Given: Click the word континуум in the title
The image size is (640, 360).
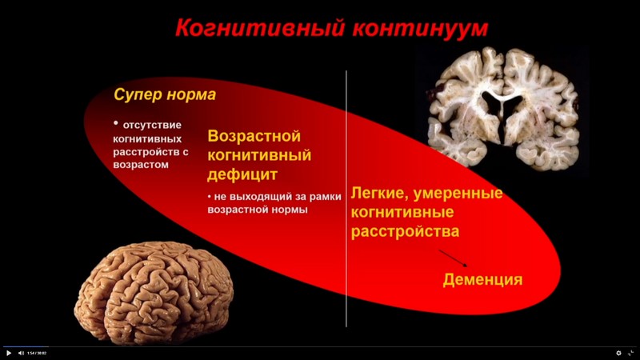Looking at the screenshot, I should pyautogui.click(x=419, y=30).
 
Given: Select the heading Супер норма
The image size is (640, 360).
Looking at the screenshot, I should pyautogui.click(x=164, y=94).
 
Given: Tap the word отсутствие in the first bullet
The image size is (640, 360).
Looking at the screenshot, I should pyautogui.click(x=153, y=125).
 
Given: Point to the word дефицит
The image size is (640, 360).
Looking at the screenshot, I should pyautogui.click(x=240, y=174).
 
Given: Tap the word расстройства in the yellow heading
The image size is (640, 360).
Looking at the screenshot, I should pyautogui.click(x=406, y=231).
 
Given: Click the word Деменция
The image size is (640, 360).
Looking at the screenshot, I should pyautogui.click(x=482, y=280).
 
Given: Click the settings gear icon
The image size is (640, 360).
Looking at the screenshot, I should pyautogui.click(x=618, y=353).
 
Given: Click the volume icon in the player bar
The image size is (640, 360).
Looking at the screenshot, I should pyautogui.click(x=20, y=353).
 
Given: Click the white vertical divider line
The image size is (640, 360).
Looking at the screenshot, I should pyautogui.click(x=346, y=200).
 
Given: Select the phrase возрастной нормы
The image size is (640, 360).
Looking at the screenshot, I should pyautogui.click(x=258, y=210).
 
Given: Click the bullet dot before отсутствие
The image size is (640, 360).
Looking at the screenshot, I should pyautogui.click(x=116, y=123).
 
